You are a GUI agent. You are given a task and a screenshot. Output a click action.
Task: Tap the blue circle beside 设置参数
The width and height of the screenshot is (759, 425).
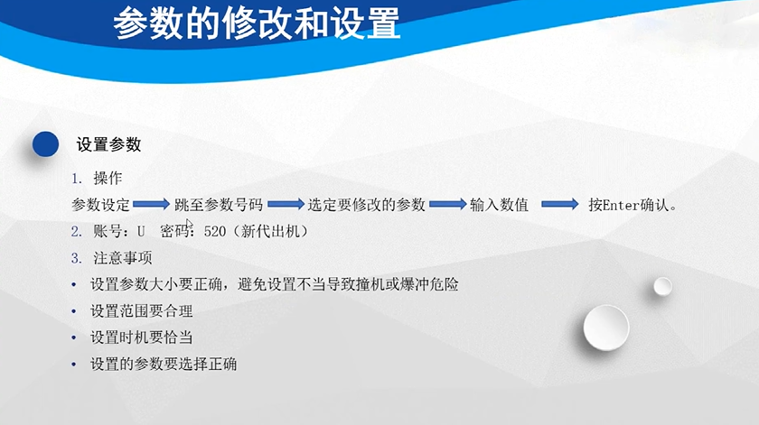point(45,144)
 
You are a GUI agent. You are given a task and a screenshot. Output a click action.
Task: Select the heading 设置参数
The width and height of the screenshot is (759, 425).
point(108,144)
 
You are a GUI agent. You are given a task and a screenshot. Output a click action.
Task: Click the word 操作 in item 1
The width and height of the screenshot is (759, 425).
point(108,178)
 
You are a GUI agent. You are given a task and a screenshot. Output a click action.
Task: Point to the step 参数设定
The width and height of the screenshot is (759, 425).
point(101,205)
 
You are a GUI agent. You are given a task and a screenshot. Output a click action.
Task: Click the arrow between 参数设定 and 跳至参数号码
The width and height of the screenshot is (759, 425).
point(152,205)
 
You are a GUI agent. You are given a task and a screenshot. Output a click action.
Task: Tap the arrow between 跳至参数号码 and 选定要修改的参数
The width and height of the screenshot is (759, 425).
point(286,205)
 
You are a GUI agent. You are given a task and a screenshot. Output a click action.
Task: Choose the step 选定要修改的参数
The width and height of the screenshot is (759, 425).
point(366,205)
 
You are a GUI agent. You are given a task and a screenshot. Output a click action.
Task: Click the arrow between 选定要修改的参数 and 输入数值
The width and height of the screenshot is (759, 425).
point(447,205)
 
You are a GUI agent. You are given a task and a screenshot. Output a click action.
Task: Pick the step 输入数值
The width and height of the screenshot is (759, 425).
point(499,205)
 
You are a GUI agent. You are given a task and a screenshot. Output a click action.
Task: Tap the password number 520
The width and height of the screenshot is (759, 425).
point(215,231)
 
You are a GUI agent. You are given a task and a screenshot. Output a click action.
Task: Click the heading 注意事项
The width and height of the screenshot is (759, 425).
point(123,258)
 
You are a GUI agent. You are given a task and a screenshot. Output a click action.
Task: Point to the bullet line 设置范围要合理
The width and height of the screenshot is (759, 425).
point(142,311)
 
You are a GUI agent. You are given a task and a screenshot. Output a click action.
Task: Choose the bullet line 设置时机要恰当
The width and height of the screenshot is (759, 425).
point(142,337)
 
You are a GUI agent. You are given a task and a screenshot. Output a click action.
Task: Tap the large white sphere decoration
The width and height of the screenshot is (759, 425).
point(605,326)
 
